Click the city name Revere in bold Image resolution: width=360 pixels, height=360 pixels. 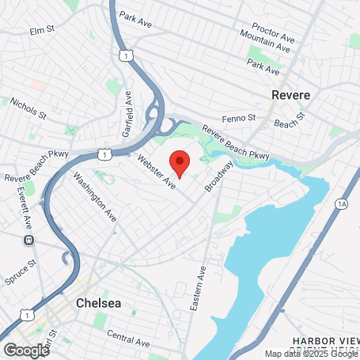click(290, 94)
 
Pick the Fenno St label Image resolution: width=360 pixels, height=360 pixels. click(239, 117)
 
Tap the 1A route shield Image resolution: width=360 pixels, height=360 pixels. click(342, 203)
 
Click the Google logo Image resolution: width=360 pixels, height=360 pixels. click(25, 350)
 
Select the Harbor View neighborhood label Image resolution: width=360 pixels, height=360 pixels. click(325, 340)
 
